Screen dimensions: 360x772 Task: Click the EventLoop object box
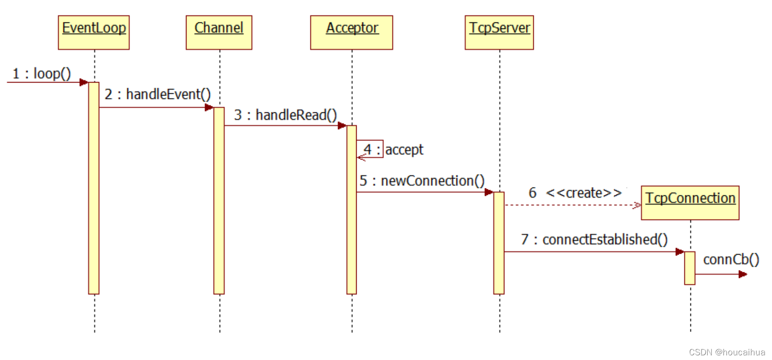(x=94, y=32)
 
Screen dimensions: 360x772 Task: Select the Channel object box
(x=219, y=32)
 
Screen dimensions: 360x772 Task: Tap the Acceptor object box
(x=352, y=32)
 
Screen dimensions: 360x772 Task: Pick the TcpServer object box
(x=499, y=32)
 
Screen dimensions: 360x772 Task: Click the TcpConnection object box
(x=690, y=202)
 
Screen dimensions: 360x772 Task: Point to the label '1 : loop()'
(x=41, y=74)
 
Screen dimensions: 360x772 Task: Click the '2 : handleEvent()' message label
(x=158, y=94)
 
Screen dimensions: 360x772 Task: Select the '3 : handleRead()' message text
(x=285, y=115)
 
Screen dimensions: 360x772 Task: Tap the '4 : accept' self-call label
(x=393, y=150)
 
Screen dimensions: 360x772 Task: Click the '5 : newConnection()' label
(x=422, y=181)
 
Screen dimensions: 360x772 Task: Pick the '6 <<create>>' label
(x=575, y=193)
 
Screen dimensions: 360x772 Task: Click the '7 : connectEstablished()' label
(x=594, y=239)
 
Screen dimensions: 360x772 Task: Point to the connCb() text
(x=731, y=259)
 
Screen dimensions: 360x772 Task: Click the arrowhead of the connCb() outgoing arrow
(x=743, y=274)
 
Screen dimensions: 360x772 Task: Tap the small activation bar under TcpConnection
(x=689, y=268)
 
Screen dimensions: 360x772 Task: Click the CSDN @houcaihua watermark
(x=727, y=352)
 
